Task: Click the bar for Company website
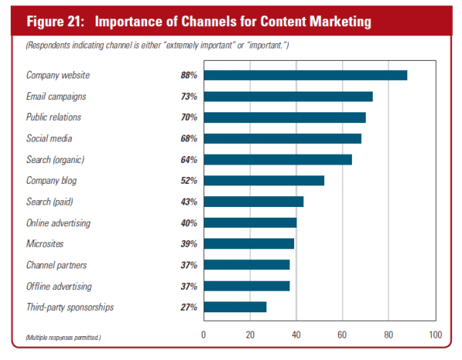pyautogui.click(x=305, y=75)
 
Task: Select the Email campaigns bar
pyautogui.click(x=288, y=96)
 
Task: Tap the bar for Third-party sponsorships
pyautogui.click(x=235, y=307)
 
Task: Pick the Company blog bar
pyautogui.click(x=263, y=181)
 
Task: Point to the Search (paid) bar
pyautogui.click(x=253, y=202)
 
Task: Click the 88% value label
pyautogui.click(x=189, y=75)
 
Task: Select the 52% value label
pyautogui.click(x=189, y=181)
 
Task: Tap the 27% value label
pyautogui.click(x=189, y=307)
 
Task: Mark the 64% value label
pyautogui.click(x=189, y=159)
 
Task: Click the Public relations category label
pyautogui.click(x=54, y=118)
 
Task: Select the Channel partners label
pyautogui.click(x=56, y=265)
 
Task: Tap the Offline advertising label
pyautogui.click(x=59, y=286)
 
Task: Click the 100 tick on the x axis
pyautogui.click(x=435, y=335)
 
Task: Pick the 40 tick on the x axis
pyautogui.click(x=296, y=335)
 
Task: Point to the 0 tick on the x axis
pyautogui.click(x=203, y=335)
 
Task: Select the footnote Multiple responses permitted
pyautogui.click(x=62, y=337)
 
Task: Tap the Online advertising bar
pyautogui.click(x=249, y=223)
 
